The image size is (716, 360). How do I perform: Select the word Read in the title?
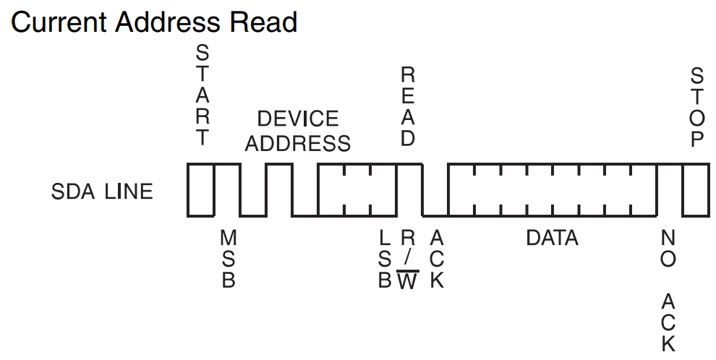click(x=263, y=22)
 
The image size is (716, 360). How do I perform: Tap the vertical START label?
click(x=203, y=95)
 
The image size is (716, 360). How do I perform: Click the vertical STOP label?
click(x=696, y=107)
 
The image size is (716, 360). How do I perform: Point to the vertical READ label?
click(x=408, y=106)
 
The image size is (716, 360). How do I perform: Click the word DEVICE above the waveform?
click(x=298, y=119)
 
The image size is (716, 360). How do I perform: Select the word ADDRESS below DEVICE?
click(x=298, y=142)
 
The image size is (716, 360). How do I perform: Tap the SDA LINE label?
click(x=102, y=192)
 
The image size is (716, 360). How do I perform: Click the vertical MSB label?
click(x=229, y=259)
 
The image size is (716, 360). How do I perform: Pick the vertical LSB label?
click(x=385, y=259)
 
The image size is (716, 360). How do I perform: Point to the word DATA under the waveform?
click(x=552, y=238)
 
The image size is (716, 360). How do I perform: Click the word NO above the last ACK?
click(x=668, y=248)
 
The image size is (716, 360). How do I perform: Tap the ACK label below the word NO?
click(x=668, y=321)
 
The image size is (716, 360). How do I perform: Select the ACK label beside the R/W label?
click(x=436, y=259)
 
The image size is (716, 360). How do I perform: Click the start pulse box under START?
click(x=201, y=189)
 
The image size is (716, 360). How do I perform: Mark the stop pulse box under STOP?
click(x=696, y=189)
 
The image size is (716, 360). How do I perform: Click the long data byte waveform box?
click(x=552, y=189)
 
